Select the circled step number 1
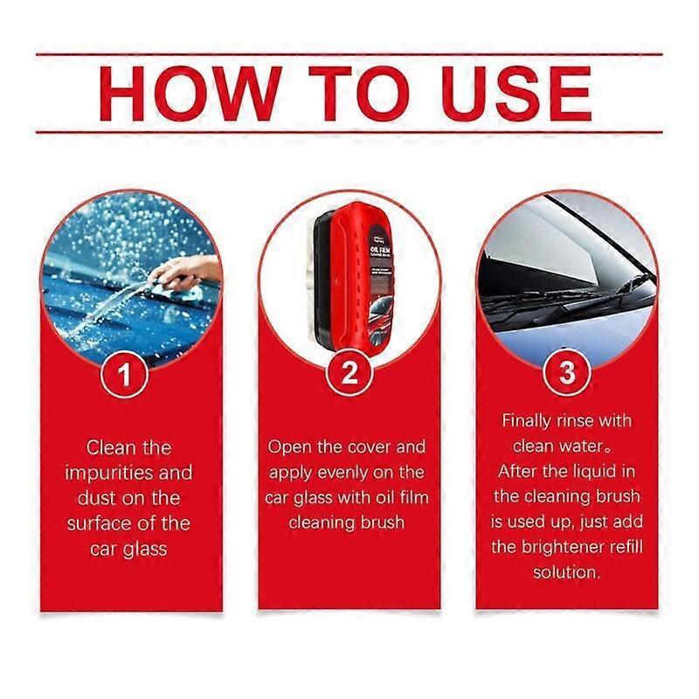point(128,375)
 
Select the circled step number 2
point(349,375)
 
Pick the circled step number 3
point(569,375)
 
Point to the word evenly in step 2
point(344,472)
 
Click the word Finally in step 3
point(527,421)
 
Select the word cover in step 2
point(366,446)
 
